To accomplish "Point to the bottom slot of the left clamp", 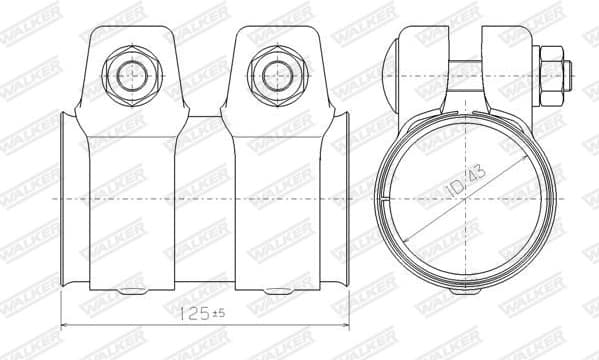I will tap(130, 292).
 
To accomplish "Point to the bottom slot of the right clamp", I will tap(276, 292).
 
